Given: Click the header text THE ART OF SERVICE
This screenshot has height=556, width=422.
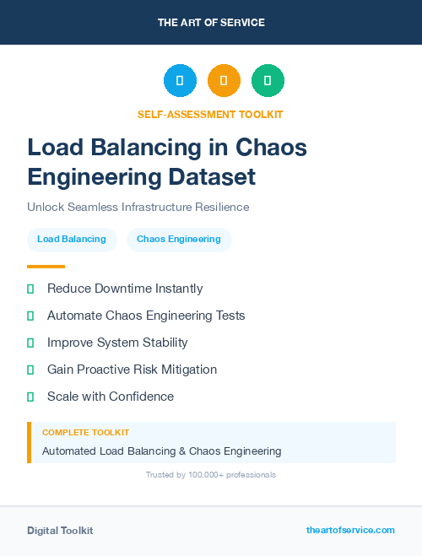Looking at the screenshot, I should pos(211,23).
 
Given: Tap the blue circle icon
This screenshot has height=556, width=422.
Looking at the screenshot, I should pos(180,81).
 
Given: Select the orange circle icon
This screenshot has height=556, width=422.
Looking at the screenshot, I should pos(224,81).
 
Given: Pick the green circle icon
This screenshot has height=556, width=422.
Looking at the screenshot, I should pos(268,81).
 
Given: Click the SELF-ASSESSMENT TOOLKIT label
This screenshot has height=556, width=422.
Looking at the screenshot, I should pos(210,114).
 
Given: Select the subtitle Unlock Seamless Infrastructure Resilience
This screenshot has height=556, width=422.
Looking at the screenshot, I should pos(138,207).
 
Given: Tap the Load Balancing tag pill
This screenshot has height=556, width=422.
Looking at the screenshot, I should pos(72,240).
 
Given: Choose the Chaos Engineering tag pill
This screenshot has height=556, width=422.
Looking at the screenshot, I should pos(179,240).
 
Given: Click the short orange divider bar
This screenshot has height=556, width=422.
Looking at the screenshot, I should pos(46,267).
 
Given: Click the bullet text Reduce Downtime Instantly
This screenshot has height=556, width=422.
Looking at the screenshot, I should pos(125,289).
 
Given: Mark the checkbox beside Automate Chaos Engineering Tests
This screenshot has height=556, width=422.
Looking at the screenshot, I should pos(30,316).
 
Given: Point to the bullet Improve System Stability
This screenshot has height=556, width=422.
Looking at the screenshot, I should pos(117,343).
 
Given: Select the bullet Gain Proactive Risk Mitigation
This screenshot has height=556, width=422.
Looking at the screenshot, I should pos(132,370).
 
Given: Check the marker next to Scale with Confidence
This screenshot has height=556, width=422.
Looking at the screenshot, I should pos(30,397).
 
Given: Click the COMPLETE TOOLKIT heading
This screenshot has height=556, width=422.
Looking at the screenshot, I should pos(85,433).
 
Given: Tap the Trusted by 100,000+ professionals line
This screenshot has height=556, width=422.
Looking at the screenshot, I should pos(211,475).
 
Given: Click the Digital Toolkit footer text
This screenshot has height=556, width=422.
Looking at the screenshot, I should pos(60,531).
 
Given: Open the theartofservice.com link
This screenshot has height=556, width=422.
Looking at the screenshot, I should pos(350,530).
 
